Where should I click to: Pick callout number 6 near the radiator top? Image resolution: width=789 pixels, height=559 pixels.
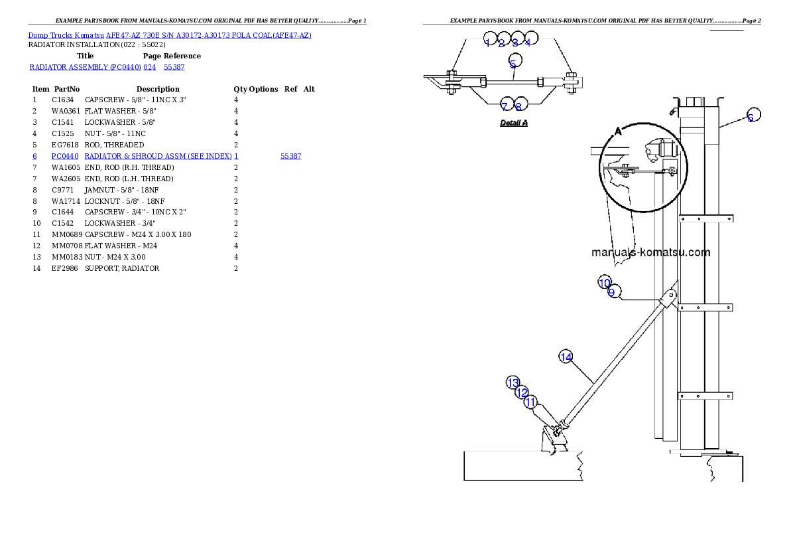point(752,116)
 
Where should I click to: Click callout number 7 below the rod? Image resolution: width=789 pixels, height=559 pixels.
point(506,105)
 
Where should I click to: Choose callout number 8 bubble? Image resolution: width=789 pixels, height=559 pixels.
point(520,105)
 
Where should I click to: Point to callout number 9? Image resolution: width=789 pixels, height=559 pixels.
point(614,292)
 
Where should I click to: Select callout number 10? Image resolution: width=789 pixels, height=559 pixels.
point(604,282)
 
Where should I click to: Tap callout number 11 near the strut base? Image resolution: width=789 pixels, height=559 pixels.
point(530,402)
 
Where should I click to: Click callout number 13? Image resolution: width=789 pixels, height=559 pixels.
point(513,383)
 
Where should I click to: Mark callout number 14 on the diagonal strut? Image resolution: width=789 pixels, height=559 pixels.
point(566,357)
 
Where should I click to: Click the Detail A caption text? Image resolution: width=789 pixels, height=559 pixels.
point(514,123)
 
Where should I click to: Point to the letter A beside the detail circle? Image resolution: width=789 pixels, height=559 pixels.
point(618,131)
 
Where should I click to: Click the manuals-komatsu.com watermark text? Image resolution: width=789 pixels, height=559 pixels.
point(641,252)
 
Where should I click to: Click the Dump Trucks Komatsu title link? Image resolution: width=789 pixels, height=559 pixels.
point(170,35)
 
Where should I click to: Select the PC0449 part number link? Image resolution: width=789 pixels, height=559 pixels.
point(65,156)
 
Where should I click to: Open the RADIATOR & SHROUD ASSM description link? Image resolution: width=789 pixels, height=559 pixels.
point(158,156)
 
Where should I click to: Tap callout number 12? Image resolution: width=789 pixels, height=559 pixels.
point(522,392)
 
